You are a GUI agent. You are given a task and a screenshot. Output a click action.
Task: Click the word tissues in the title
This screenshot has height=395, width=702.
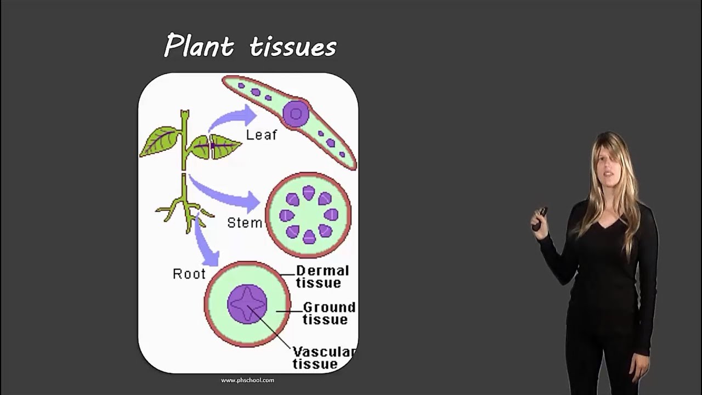click(x=292, y=47)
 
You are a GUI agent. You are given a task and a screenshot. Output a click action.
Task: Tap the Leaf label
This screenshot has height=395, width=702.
click(x=262, y=134)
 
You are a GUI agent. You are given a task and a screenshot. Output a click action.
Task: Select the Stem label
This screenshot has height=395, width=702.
click(x=245, y=223)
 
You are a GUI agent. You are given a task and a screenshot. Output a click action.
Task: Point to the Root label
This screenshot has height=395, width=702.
click(x=189, y=274)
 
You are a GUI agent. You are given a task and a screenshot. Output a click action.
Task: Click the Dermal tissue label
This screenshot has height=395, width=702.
click(x=322, y=276)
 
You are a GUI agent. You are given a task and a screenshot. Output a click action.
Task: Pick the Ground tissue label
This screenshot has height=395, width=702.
click(x=328, y=313)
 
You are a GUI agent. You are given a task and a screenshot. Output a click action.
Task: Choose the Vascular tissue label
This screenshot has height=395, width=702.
click(x=324, y=357)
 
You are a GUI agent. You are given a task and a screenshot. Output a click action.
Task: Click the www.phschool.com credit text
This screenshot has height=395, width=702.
click(x=247, y=380)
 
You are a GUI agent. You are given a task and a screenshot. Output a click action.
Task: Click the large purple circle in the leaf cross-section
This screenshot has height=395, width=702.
click(x=296, y=114)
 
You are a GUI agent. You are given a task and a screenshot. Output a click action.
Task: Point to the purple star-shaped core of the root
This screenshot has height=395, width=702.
click(x=247, y=304)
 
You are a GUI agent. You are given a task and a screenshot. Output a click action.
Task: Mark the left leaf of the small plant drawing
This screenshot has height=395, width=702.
click(x=161, y=142)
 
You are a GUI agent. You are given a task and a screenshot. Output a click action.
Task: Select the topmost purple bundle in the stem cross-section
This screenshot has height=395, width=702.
click(x=309, y=192)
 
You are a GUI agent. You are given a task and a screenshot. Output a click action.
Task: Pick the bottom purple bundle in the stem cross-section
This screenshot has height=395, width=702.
click(x=309, y=237)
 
